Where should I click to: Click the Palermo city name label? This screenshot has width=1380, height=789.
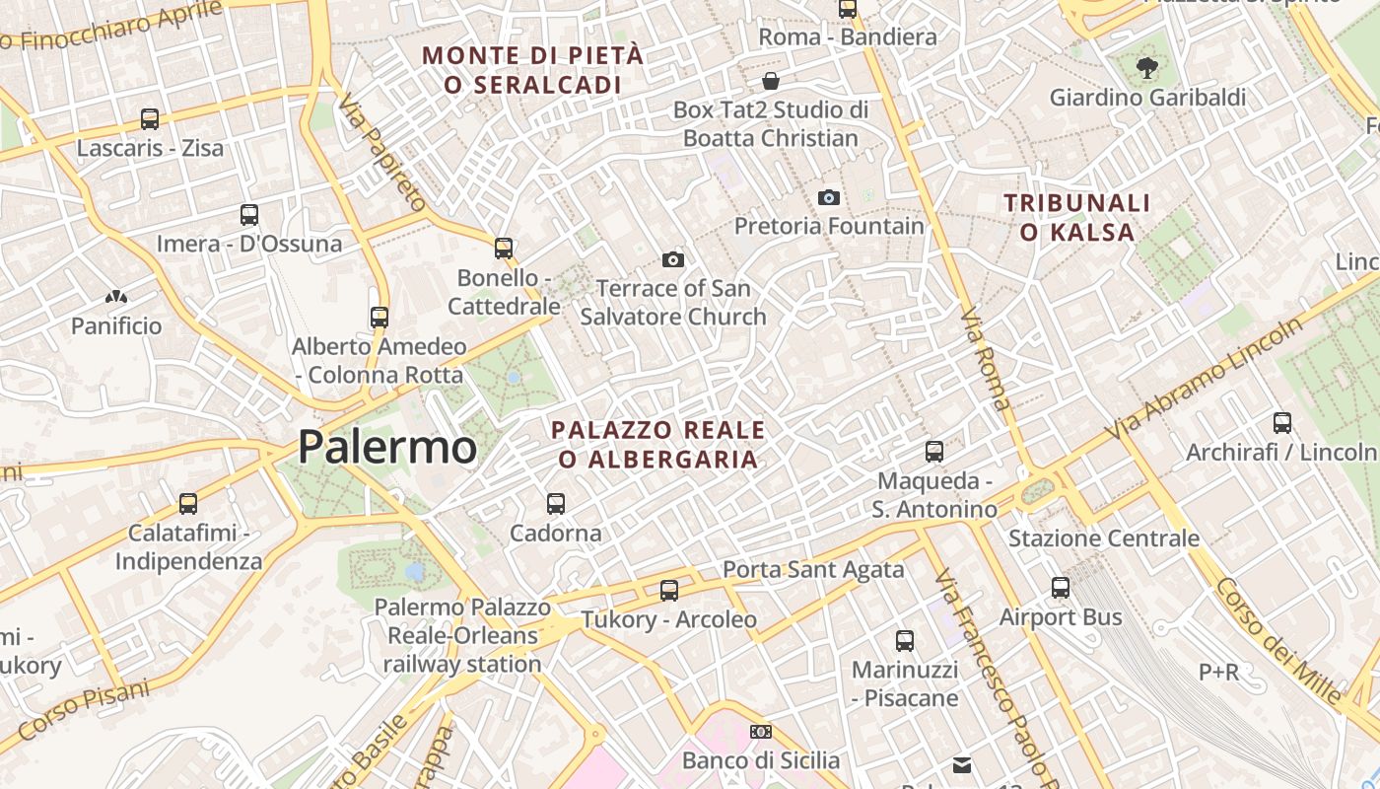tap(387, 447)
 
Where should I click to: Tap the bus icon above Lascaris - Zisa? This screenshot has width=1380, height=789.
tap(150, 119)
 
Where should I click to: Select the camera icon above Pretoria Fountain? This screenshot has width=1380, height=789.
tap(829, 197)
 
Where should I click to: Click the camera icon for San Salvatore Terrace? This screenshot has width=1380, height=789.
tap(673, 259)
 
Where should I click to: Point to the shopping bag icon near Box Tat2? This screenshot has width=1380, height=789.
tap(771, 81)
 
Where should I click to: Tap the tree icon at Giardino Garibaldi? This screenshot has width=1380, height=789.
tap(1146, 68)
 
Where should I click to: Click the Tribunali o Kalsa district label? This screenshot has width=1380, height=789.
tap(1076, 218)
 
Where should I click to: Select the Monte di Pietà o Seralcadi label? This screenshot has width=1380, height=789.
tap(533, 70)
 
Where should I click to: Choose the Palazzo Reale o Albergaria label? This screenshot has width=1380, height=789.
tap(657, 445)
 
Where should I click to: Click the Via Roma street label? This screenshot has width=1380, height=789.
tap(985, 358)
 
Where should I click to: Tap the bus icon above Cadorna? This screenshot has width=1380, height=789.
tap(556, 504)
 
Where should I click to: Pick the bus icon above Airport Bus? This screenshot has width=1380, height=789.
tap(1061, 588)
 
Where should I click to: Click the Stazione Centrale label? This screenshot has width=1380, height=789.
tap(1103, 538)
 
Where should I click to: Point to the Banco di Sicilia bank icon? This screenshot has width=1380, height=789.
tap(760, 732)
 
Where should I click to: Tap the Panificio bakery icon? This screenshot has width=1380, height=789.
tap(116, 297)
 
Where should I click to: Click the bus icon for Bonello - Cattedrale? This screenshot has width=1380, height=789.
tap(504, 249)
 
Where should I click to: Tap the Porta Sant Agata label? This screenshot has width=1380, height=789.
tap(813, 569)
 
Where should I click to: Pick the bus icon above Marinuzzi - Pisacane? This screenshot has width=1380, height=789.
tap(905, 641)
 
